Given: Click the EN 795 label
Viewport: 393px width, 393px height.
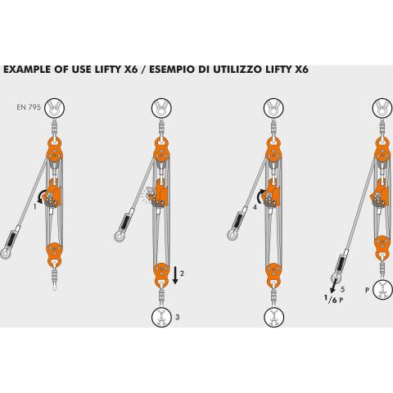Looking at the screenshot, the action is coord(29,107).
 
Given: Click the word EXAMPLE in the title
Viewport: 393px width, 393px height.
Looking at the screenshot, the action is coord(28,70).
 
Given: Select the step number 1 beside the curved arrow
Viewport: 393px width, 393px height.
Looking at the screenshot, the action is coord(34,207).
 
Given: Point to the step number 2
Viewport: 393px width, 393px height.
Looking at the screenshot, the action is coord(182,273).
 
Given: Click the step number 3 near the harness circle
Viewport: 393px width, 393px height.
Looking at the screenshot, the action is coord(178,317).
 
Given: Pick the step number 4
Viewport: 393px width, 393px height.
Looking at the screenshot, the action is coord(255,207).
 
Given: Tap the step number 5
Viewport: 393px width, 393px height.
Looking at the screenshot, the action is coord(342,289).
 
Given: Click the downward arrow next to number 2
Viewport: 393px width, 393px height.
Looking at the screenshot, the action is coord(175,275).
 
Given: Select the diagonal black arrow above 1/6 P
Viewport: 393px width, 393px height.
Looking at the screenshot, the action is coord(333,286).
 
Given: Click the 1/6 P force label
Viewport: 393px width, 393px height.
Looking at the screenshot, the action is coord(334,300).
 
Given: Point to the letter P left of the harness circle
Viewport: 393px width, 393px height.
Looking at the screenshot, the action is coord(367,290).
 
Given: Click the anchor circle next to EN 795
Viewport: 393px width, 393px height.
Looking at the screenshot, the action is coord(55,108).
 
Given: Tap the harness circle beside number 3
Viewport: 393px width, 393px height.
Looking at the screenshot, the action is coord(161,317).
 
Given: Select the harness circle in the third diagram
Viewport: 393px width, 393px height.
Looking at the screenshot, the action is coord(274,317).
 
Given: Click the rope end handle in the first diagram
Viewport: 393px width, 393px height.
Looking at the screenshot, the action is coord(10,244).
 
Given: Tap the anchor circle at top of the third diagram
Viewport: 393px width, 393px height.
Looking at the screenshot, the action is coord(273,108).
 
